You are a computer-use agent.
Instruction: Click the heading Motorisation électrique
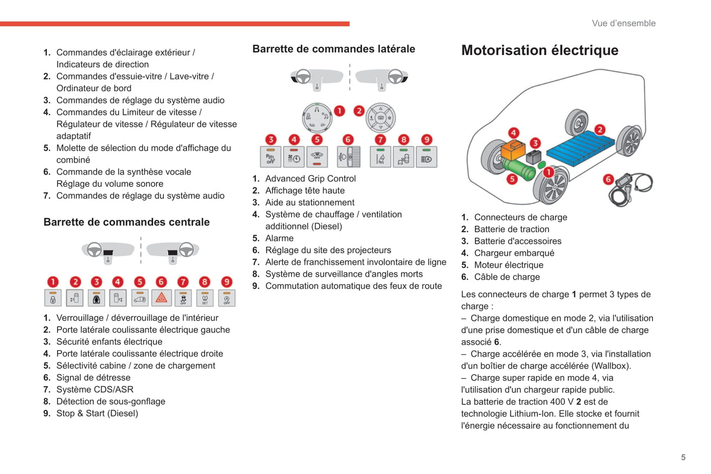[540, 50]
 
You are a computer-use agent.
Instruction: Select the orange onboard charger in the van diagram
[513, 150]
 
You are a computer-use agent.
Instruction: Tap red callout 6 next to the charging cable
[608, 179]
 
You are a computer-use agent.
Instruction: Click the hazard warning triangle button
[161, 298]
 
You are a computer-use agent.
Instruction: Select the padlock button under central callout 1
[53, 298]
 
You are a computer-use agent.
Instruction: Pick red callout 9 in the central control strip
[226, 282]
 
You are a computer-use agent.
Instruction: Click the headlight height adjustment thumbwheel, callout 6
[348, 157]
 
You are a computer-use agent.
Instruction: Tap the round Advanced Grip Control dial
[317, 118]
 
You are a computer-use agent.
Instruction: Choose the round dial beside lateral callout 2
[381, 118]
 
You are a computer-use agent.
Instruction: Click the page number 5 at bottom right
[683, 457]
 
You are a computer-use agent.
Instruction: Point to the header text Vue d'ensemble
[623, 23]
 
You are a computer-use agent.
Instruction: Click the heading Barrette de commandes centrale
[126, 222]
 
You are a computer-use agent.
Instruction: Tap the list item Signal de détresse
[93, 378]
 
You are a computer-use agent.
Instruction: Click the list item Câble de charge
[507, 277]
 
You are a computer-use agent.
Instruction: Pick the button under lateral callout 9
[427, 157]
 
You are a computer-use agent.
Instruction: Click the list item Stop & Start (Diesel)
[97, 414]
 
